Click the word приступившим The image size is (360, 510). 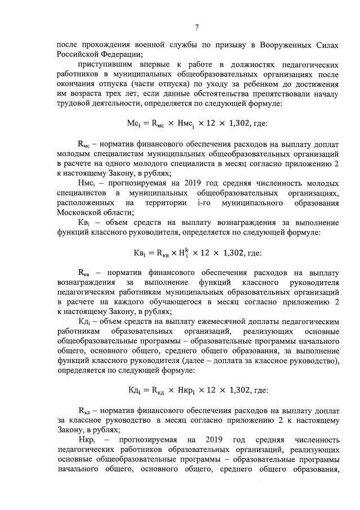point(108,65)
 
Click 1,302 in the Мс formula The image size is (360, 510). point(239,123)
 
